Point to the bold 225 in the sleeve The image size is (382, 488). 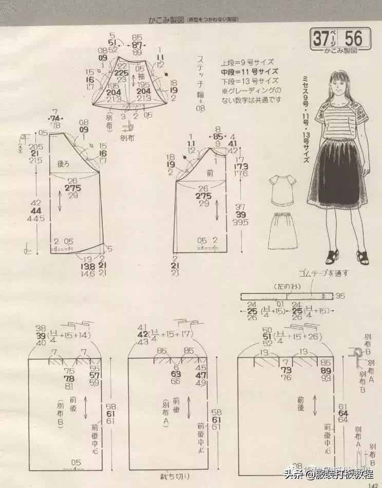coord(122,73)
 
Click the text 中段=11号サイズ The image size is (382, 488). coord(250,71)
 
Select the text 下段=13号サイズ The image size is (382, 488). coord(250,81)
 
